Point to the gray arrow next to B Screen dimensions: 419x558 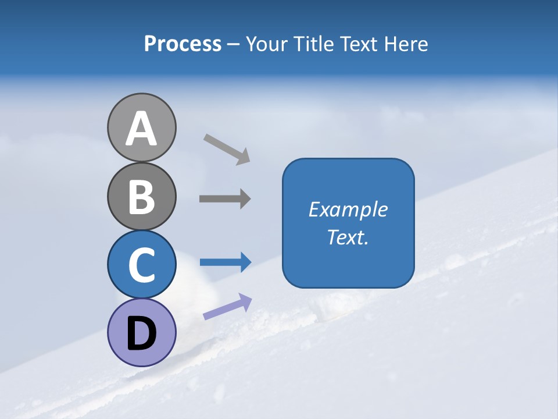[225, 199]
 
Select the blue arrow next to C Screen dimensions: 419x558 [226, 262]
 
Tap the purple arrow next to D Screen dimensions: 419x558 [227, 307]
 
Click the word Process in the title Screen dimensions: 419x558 [183, 44]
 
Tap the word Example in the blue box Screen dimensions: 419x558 [348, 210]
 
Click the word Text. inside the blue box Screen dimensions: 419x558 [348, 237]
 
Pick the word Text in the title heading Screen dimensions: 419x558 [359, 44]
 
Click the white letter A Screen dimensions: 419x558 [141, 129]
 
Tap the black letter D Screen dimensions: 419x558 [141, 334]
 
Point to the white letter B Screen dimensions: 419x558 [141, 197]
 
